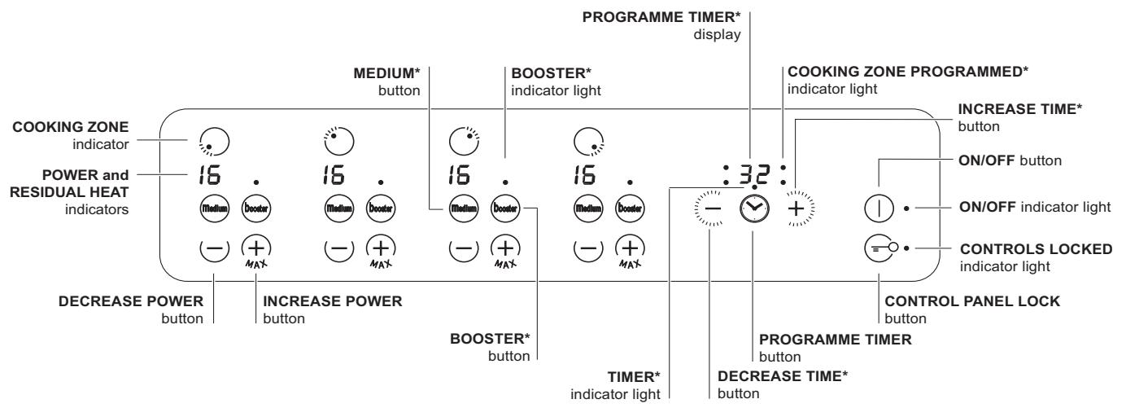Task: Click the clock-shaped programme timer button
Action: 753,210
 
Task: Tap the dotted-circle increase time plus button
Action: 796,210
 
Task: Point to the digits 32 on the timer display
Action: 753,173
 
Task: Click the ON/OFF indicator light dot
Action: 906,208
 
